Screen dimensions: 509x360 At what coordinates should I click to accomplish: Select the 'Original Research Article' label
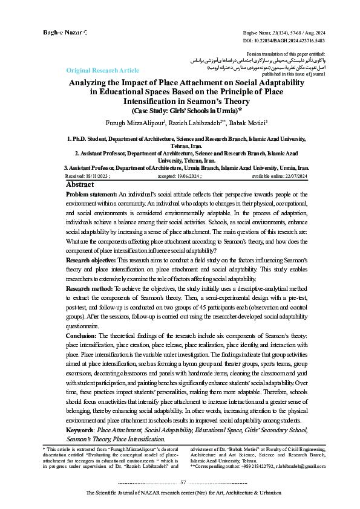tap(103, 71)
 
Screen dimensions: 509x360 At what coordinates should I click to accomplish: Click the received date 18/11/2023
tap(98, 176)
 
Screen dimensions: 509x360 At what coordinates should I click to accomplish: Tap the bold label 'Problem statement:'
tap(91, 195)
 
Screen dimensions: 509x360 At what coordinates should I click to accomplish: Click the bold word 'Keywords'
tap(79, 430)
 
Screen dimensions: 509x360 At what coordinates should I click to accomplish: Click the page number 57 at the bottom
tap(183, 482)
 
